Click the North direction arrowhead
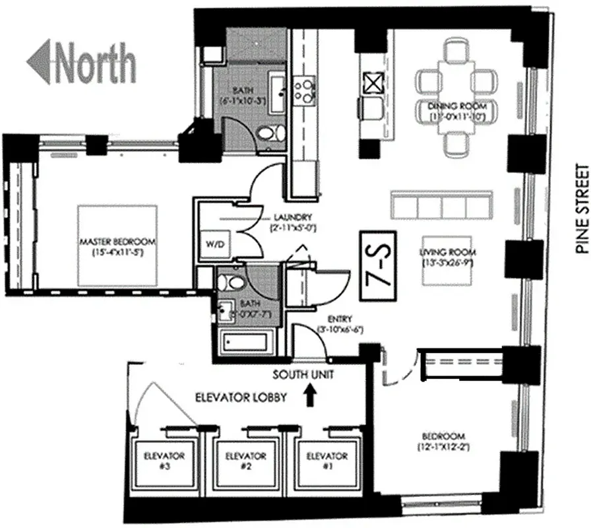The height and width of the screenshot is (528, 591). click(x=39, y=61)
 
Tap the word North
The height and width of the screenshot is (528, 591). click(x=96, y=62)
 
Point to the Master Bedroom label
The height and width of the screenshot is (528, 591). click(x=118, y=246)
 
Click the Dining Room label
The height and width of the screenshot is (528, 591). click(x=457, y=111)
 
